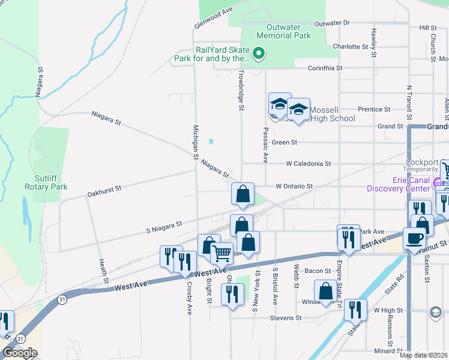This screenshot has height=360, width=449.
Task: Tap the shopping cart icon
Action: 222,254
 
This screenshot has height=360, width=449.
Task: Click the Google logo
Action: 20,353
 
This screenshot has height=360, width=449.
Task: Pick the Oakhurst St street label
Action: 104,191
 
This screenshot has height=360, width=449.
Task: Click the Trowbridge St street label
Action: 241,91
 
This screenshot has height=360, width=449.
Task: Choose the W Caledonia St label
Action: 309,163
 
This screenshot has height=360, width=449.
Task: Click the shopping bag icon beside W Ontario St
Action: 243,194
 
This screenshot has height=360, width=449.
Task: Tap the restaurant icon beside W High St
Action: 355,309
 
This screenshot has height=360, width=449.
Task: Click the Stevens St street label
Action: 285,317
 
